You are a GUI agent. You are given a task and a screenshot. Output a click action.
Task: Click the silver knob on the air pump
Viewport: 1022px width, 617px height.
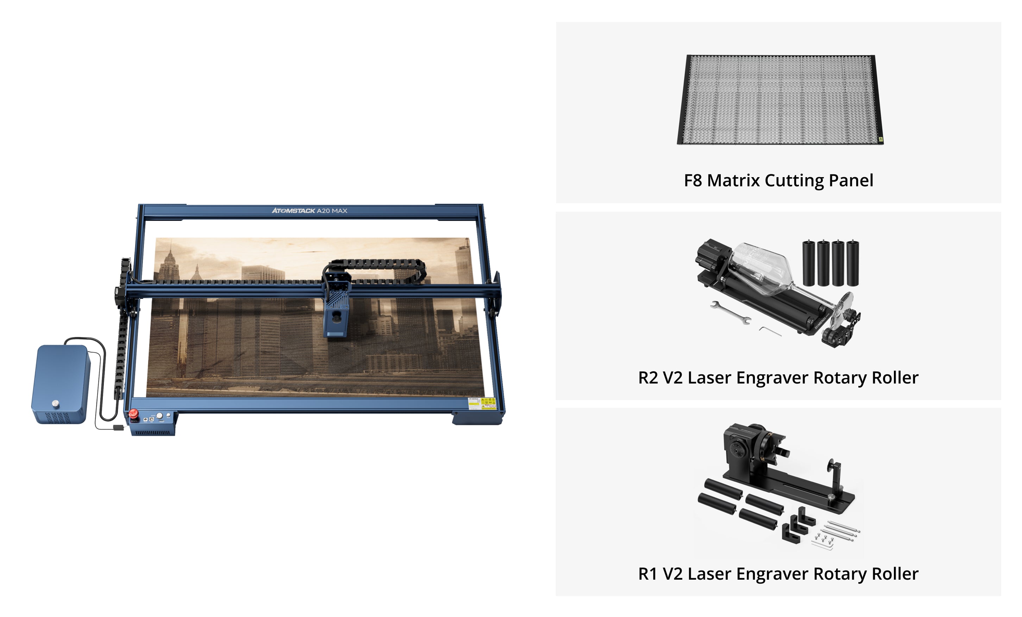click(56, 403)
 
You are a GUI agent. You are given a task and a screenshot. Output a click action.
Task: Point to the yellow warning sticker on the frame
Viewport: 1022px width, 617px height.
click(482, 403)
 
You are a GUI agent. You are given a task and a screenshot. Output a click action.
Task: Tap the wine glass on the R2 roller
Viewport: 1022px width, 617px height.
click(763, 270)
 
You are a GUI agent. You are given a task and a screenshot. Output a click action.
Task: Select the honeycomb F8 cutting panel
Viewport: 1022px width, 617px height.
click(780, 100)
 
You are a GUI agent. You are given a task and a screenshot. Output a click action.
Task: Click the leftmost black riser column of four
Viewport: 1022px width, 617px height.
click(808, 263)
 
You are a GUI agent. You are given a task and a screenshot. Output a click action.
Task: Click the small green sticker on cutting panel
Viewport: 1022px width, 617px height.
click(881, 139)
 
